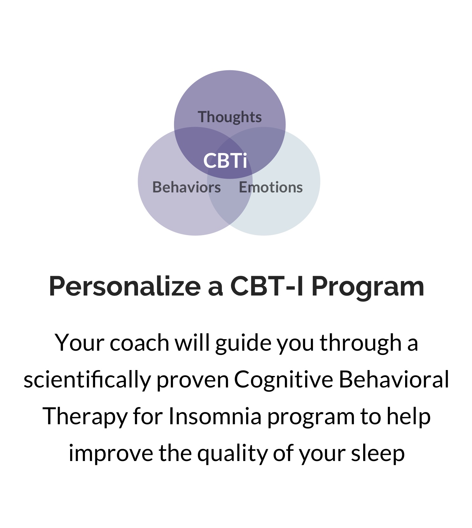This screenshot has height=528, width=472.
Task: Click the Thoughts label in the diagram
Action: point(230,117)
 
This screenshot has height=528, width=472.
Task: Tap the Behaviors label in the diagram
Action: point(187,187)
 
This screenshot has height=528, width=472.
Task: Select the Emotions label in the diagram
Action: point(271,187)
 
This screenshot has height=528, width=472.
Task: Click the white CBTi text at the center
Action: point(225,161)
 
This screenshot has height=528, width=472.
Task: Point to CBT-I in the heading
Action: point(267,286)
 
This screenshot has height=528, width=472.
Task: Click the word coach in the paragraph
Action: point(139,343)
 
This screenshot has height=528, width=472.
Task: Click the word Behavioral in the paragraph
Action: point(394,380)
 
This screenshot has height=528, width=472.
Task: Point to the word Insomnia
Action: point(215,416)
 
